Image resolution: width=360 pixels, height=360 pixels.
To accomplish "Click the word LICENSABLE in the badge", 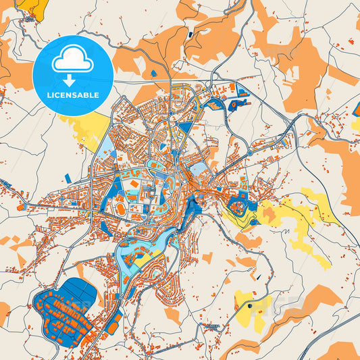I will pyautogui.click(x=73, y=95).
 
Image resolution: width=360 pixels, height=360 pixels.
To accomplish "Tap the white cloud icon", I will pyautogui.click(x=72, y=61).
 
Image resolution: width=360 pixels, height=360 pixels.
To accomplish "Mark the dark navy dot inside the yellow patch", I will pyautogui.click(x=249, y=306).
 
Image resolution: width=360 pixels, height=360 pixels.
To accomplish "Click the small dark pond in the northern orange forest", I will pyautogui.click(x=191, y=33).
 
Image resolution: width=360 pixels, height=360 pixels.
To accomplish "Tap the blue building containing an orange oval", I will pyautogui.click(x=238, y=105).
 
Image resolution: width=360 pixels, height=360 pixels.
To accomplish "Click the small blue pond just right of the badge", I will pyautogui.click(x=153, y=72).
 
